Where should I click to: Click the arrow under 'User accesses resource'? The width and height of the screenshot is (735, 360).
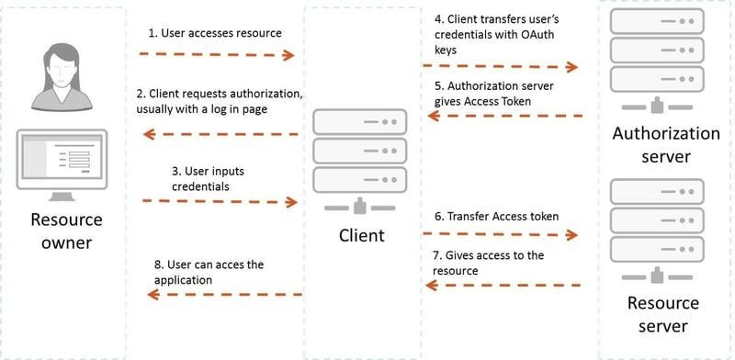tap(217, 55)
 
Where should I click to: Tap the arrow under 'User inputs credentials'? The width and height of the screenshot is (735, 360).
tap(220, 201)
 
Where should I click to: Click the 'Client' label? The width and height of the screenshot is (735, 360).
tap(361, 236)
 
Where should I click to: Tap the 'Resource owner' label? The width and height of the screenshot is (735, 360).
tap(66, 231)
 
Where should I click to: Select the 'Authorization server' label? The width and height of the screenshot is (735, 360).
tap(666, 145)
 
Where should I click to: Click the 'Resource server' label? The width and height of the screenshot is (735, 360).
tap(662, 314)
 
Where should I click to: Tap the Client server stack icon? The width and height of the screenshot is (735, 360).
tap(360, 156)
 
